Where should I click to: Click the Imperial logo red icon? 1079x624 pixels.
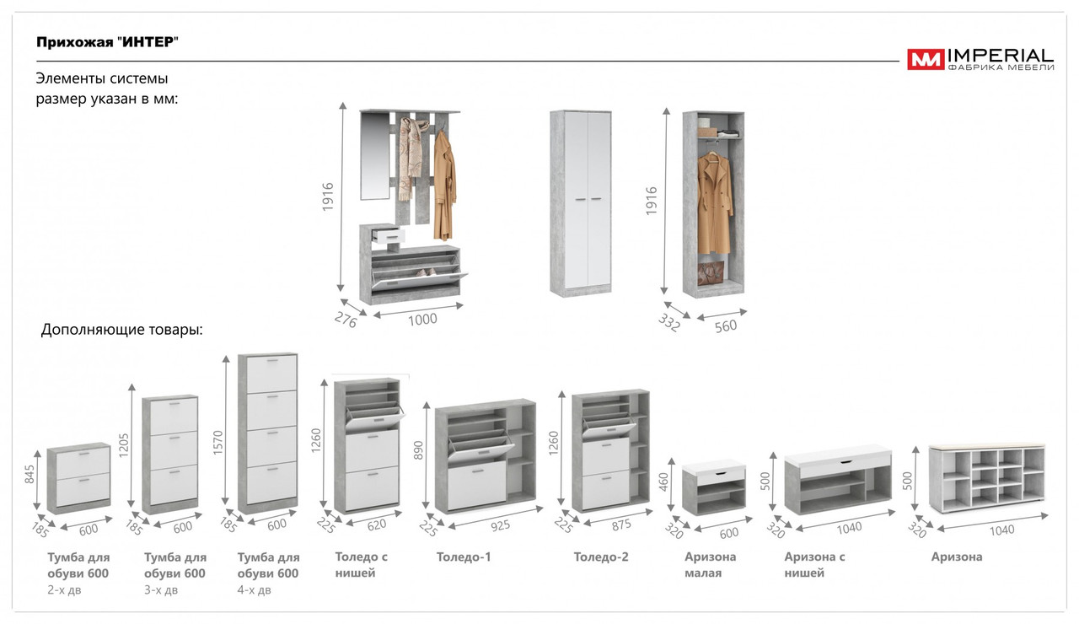click(926, 59)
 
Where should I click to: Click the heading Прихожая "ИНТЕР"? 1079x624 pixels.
click(108, 42)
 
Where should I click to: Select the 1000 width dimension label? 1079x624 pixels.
click(421, 320)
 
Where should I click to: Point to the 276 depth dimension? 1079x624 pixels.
click(346, 320)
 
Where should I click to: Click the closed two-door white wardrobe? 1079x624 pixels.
click(581, 202)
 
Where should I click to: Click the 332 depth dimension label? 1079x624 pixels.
click(668, 322)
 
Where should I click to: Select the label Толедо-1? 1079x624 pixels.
click(464, 557)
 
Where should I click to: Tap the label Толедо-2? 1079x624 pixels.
click(601, 557)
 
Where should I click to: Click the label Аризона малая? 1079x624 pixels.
click(710, 565)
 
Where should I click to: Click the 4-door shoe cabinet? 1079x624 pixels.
click(267, 433)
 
